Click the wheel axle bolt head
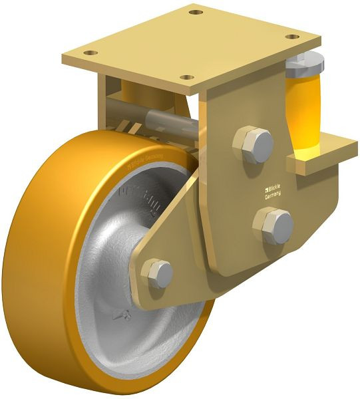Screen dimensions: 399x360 (160, 273)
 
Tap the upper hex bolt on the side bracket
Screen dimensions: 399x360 (254, 144)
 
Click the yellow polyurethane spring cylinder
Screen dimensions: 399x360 (306, 106)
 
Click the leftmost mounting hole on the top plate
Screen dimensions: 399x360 (92, 53)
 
